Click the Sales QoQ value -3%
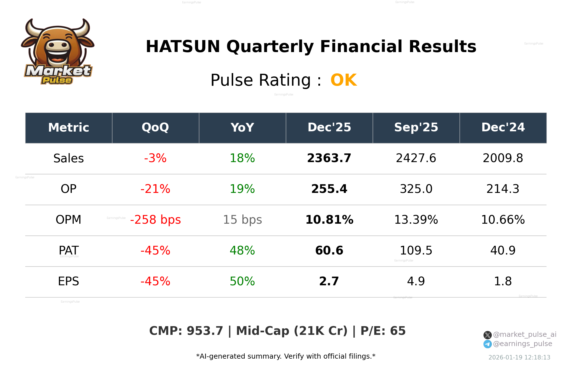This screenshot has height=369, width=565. point(155,158)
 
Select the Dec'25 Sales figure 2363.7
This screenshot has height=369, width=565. point(329,158)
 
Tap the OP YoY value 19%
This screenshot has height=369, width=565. point(242,189)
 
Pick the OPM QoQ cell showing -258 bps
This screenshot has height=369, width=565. point(155,220)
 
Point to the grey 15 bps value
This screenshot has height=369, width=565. point(242,220)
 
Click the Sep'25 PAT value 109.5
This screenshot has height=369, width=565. point(416,251)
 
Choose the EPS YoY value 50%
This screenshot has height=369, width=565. point(242,281)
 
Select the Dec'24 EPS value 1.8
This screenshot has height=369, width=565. point(503,281)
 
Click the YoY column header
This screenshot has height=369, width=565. point(242,128)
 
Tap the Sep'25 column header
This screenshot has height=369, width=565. point(416,128)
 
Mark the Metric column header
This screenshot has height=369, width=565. point(69,128)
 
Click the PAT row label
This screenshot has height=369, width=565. point(69,250)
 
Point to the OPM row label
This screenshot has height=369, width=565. point(69,220)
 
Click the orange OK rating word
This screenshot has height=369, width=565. point(344,80)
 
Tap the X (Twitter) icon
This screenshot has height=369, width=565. point(487,335)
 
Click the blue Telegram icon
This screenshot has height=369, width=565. point(487,344)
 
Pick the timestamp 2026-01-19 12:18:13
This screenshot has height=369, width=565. point(519,358)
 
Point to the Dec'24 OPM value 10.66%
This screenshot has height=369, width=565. point(503,220)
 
